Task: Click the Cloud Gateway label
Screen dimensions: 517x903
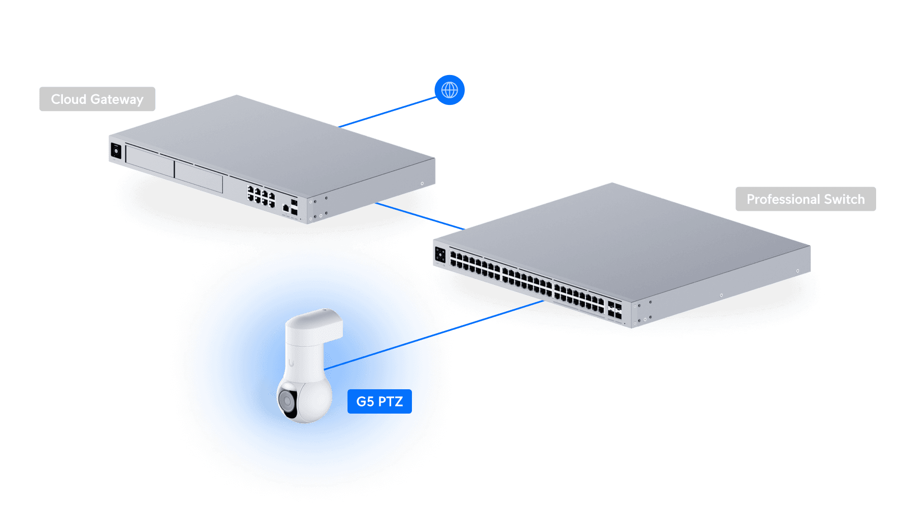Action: coord(97,99)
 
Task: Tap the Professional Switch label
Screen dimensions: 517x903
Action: coord(805,199)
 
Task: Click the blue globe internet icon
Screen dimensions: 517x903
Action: coord(449,90)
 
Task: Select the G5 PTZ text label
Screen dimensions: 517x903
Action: coord(379,401)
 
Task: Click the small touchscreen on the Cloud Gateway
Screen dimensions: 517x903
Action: coord(116,151)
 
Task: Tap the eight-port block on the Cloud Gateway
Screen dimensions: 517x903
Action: coord(261,196)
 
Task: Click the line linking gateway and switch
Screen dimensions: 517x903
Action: coord(419,216)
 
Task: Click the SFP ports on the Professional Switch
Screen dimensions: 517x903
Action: coord(614,310)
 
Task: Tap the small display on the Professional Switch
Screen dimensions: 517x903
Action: coord(440,255)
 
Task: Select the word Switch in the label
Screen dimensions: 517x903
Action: coord(844,199)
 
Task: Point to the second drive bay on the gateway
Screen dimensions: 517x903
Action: coord(198,177)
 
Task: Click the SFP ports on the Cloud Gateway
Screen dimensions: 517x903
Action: coord(294,207)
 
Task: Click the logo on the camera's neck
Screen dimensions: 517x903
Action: coord(291,363)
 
